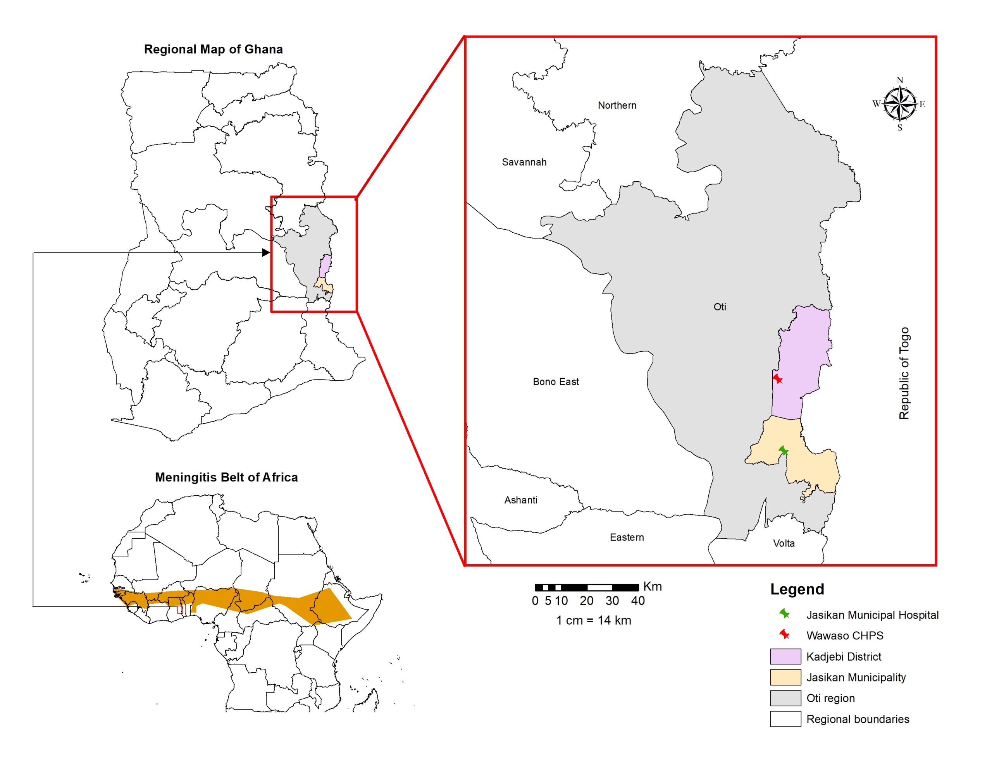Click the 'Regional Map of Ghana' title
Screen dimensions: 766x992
click(213, 49)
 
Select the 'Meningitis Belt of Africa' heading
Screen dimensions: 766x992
click(226, 477)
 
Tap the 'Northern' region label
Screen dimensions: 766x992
click(617, 105)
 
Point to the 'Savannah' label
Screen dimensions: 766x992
click(524, 162)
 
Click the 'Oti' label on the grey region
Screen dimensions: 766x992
click(720, 307)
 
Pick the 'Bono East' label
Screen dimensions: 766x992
click(556, 382)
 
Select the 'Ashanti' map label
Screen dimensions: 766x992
click(520, 500)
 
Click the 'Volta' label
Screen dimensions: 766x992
click(784, 543)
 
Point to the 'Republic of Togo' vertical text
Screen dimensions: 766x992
click(904, 373)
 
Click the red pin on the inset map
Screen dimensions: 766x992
click(778, 378)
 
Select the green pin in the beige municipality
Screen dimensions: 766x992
click(784, 450)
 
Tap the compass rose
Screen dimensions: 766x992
click(899, 104)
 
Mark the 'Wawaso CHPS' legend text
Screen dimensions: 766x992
click(844, 635)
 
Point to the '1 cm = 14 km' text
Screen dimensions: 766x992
click(594, 620)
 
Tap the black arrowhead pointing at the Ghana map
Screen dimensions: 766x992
click(266, 252)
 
